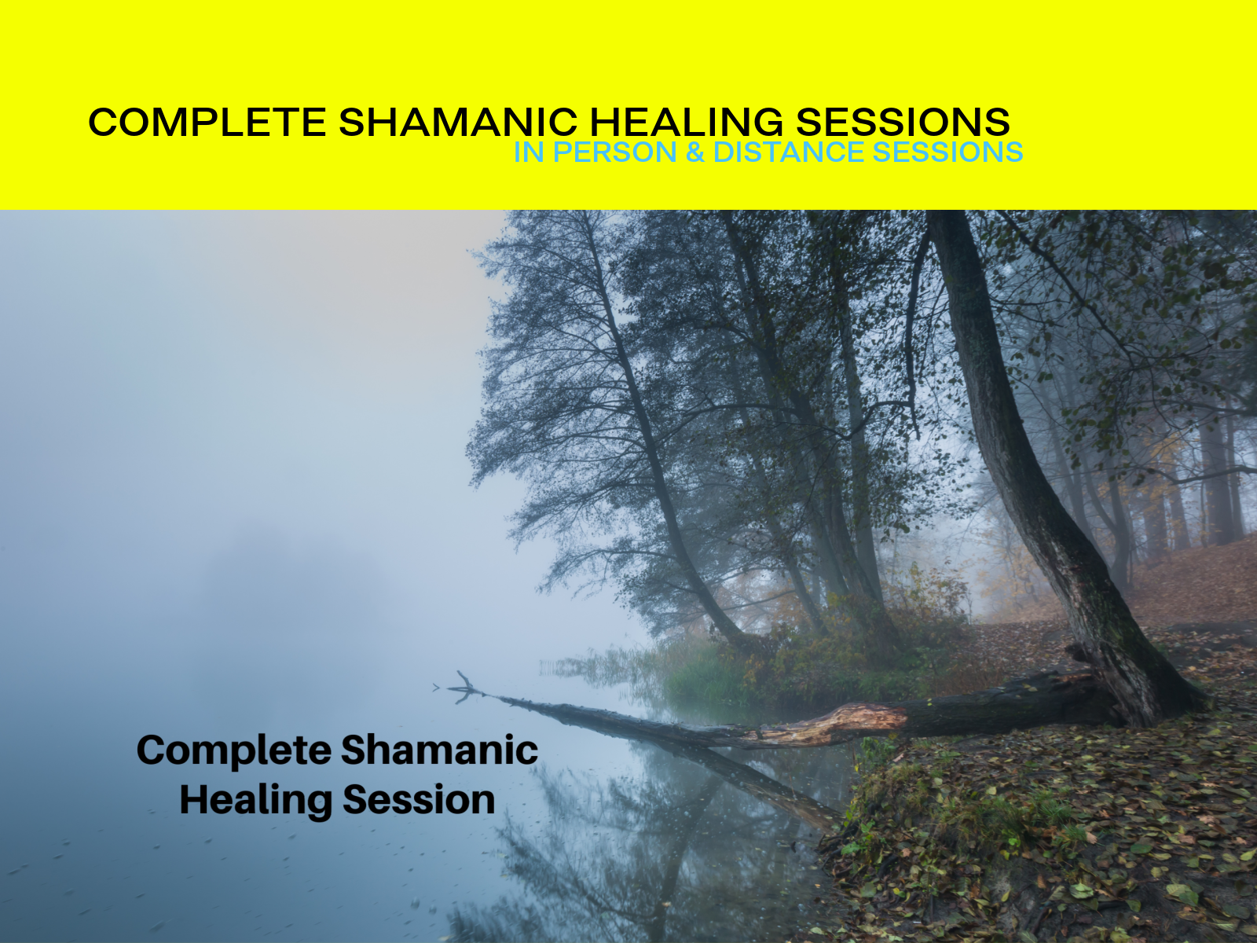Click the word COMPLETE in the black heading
(207, 123)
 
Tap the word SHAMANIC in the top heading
(458, 123)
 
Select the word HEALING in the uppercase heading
(686, 123)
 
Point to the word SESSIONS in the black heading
(903, 123)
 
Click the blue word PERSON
(614, 152)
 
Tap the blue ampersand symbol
(694, 152)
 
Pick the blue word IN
(529, 152)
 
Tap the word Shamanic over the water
(440, 750)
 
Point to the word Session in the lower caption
(419, 800)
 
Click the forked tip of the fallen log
(464, 685)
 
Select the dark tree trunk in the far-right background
(1214, 487)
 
